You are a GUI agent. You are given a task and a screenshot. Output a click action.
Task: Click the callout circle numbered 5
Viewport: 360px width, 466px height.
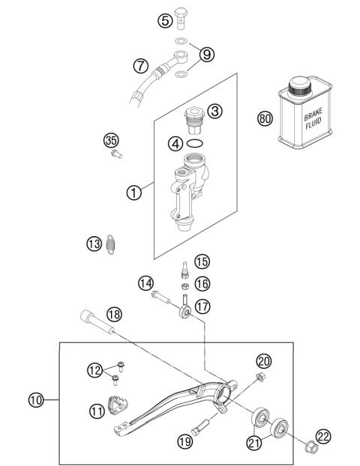point(164,20)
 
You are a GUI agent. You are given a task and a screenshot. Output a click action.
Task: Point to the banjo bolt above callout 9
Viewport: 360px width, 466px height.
point(181,14)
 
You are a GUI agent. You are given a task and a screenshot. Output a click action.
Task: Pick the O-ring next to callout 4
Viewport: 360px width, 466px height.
point(193,142)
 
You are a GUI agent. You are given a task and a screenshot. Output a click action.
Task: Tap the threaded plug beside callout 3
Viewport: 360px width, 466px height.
point(193,117)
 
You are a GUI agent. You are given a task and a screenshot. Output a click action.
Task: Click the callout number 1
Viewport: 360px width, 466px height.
point(134,193)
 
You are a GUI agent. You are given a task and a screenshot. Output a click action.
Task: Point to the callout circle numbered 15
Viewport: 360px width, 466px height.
point(202,261)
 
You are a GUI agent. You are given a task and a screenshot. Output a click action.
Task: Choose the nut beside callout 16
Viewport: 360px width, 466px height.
point(182,285)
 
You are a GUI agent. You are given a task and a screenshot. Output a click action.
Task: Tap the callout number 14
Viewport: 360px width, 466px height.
point(145,283)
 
